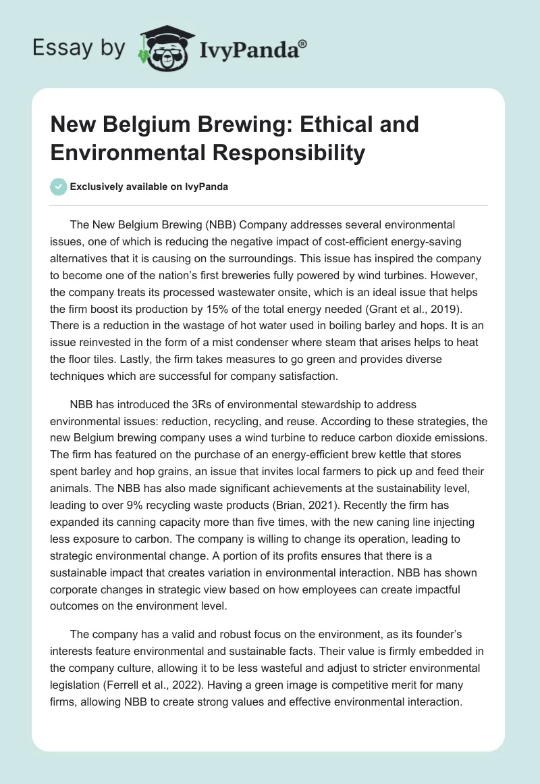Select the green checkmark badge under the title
(58, 187)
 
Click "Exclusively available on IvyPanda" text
(148, 187)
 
